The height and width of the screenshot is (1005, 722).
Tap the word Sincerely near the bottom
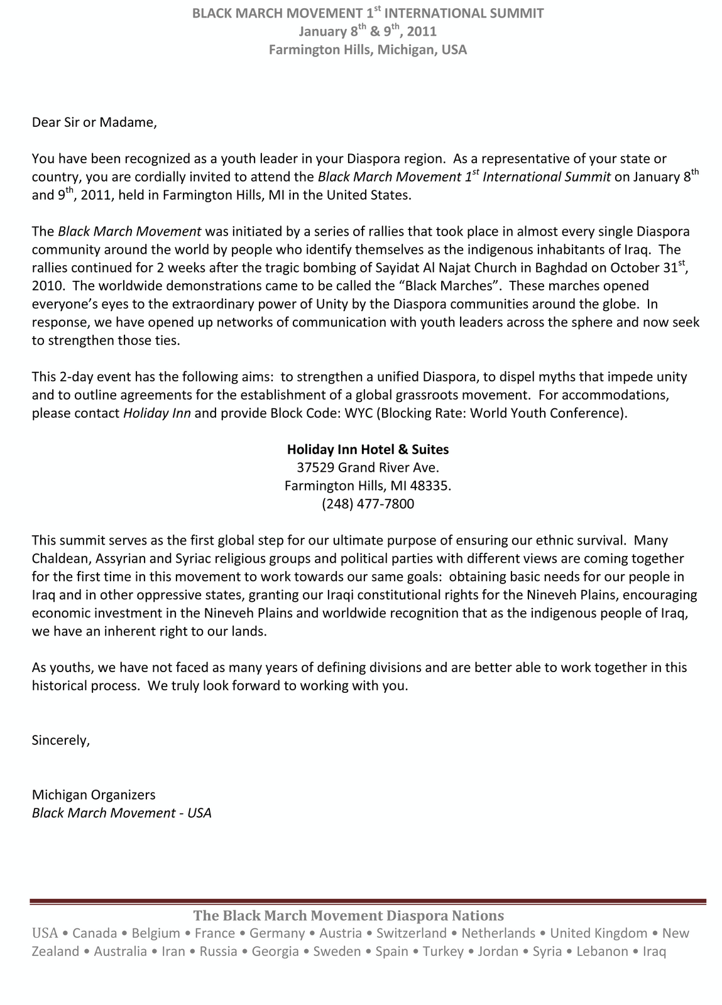(61, 740)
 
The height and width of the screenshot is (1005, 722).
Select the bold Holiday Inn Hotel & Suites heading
(368, 449)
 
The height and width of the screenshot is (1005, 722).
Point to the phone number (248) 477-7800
(368, 504)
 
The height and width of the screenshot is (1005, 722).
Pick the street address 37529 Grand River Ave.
(368, 467)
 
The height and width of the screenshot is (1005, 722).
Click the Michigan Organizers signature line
(94, 795)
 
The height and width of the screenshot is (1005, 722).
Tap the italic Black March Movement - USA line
(121, 813)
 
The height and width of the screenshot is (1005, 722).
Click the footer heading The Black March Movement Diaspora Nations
(348, 915)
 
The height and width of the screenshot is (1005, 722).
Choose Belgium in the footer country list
(156, 933)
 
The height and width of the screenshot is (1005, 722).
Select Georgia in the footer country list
(275, 952)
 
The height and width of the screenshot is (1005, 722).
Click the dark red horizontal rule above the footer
(368, 902)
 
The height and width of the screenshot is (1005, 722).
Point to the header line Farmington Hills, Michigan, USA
(368, 50)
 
